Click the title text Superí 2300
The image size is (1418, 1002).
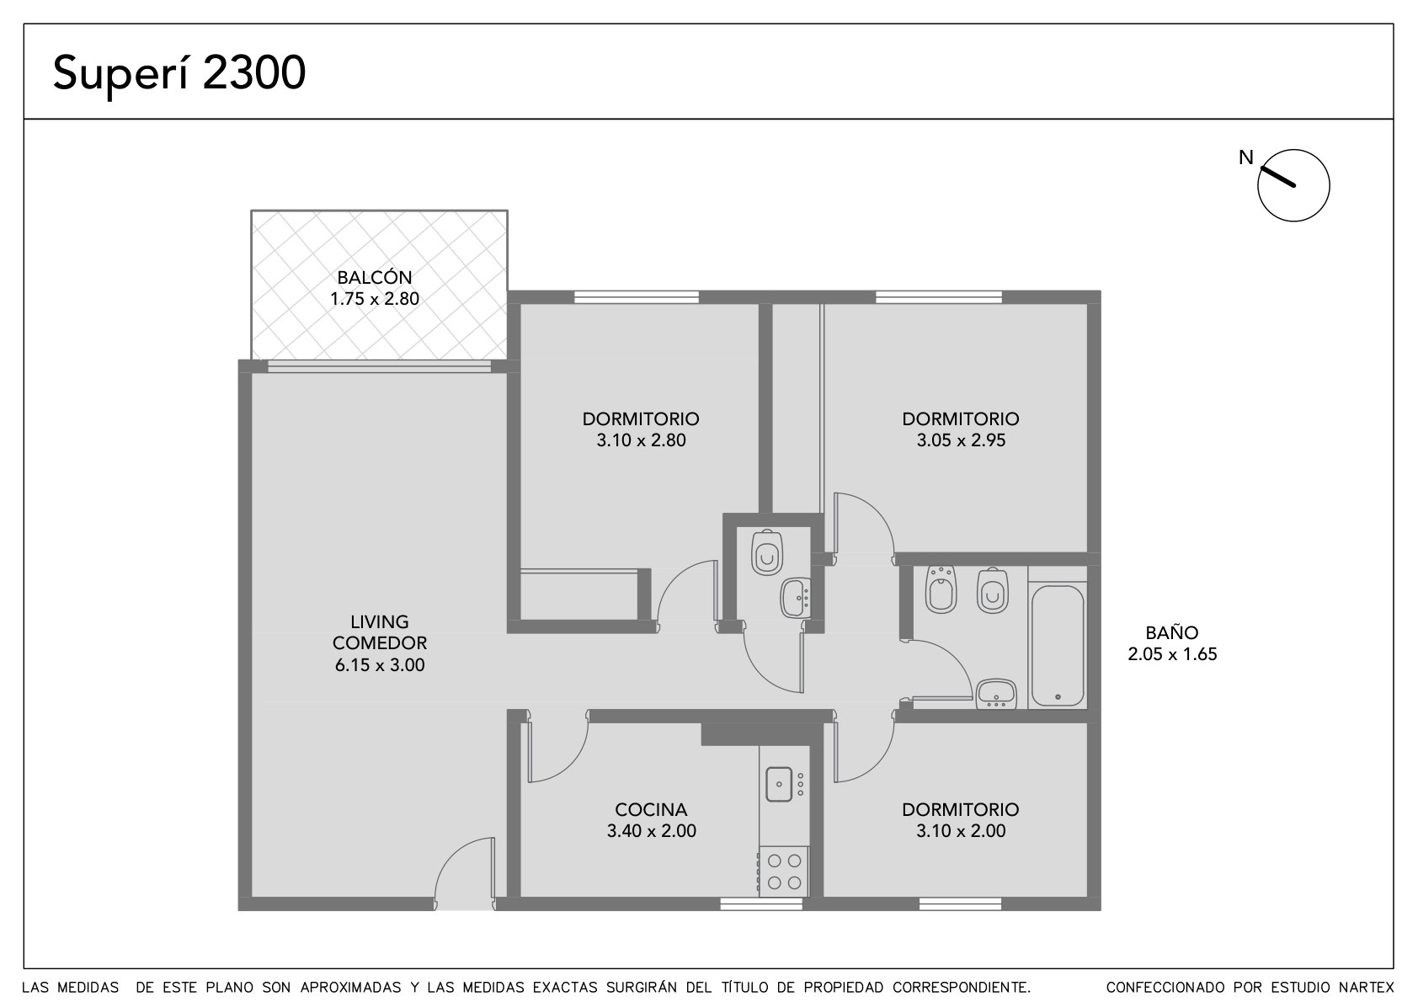pyautogui.click(x=179, y=73)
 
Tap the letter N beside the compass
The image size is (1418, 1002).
pyautogui.click(x=1246, y=157)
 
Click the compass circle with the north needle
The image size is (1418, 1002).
pyautogui.click(x=1293, y=185)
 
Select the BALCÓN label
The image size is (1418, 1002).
pyautogui.click(x=374, y=277)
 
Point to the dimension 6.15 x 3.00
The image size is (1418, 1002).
pyautogui.click(x=380, y=664)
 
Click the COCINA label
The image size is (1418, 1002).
pyautogui.click(x=651, y=809)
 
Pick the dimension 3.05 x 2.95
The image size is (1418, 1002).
pyautogui.click(x=961, y=440)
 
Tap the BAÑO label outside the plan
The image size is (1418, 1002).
pyautogui.click(x=1172, y=632)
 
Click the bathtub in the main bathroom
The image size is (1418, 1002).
pyautogui.click(x=1057, y=645)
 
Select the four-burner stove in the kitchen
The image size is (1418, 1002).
pyautogui.click(x=784, y=871)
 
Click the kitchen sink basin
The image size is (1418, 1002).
pyautogui.click(x=779, y=784)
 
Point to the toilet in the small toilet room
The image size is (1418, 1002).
pyautogui.click(x=767, y=552)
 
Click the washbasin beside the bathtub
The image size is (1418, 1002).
pyautogui.click(x=996, y=694)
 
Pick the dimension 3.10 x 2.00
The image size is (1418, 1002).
pyautogui.click(x=961, y=830)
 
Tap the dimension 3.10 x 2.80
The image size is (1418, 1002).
pyautogui.click(x=641, y=440)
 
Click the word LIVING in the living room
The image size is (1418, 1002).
pyautogui.click(x=380, y=621)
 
